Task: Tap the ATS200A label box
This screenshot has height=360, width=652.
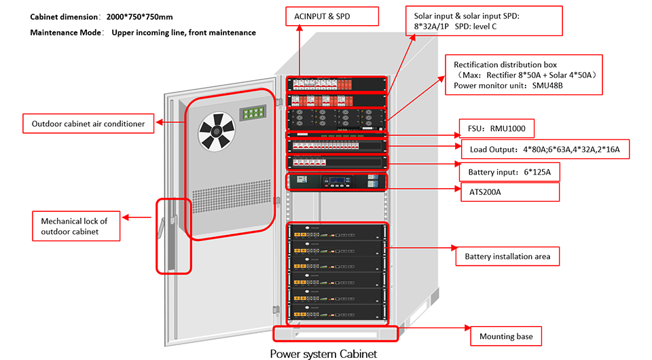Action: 510,192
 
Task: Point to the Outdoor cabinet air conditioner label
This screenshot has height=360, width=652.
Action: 88,124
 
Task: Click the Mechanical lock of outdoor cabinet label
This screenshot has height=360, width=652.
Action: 76,226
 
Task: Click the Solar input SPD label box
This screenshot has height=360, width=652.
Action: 484,21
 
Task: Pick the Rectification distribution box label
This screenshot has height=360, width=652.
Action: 523,75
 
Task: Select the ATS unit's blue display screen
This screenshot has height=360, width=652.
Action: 338,182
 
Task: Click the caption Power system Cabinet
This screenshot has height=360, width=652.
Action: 323,353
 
